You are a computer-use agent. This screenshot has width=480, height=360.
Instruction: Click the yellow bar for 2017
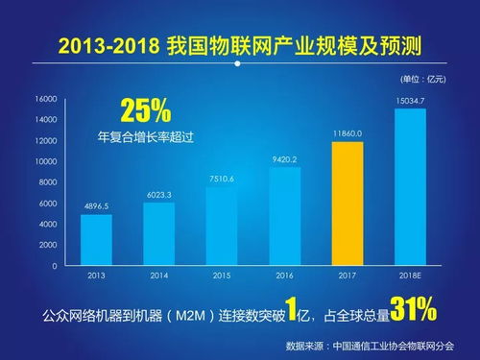point(347,204)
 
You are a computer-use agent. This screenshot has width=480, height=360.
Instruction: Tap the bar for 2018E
point(410,187)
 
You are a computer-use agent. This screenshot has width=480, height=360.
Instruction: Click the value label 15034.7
point(410,100)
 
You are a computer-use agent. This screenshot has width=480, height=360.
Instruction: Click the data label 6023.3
point(158,194)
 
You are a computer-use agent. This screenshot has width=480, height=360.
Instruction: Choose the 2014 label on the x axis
point(158,276)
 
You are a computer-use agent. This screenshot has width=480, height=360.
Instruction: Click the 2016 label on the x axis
point(284,276)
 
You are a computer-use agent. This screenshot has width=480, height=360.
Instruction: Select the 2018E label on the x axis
point(410,276)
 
